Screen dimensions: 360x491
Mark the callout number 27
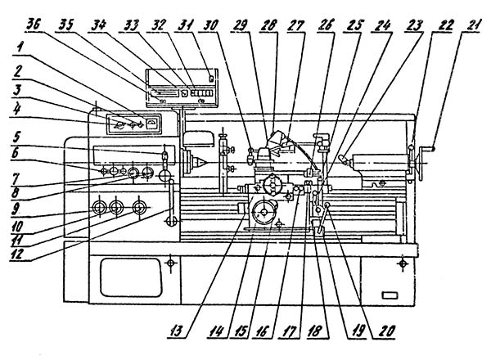click(x=297, y=24)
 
